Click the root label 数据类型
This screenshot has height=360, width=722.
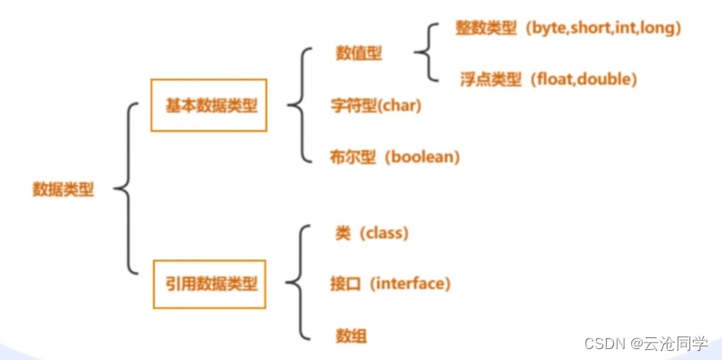pyautogui.click(x=63, y=190)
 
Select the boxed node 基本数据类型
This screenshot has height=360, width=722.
pyautogui.click(x=210, y=105)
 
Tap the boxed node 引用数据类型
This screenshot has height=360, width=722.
pyautogui.click(x=210, y=285)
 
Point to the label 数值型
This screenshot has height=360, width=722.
pyautogui.click(x=358, y=54)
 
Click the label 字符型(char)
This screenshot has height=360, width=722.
pyautogui.click(x=376, y=105)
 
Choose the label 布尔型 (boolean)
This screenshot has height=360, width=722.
pyautogui.click(x=395, y=157)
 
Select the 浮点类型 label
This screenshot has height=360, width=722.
pyautogui.click(x=491, y=79)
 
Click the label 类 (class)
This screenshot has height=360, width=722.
pyautogui.click(x=372, y=233)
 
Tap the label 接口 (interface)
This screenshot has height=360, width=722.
pyautogui.click(x=390, y=284)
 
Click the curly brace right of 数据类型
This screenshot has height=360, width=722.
pyautogui.click(x=127, y=190)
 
